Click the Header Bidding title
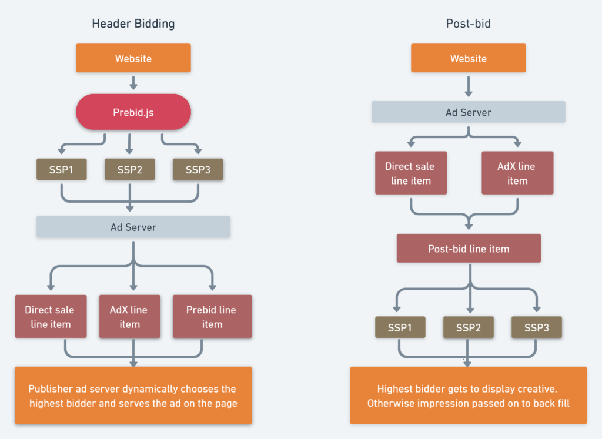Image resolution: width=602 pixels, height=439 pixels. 133,24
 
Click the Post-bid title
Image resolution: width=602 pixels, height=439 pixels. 468,24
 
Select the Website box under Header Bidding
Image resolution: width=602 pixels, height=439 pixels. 133,58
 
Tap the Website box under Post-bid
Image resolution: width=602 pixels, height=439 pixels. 468,58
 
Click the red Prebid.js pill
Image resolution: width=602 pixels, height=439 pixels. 133,112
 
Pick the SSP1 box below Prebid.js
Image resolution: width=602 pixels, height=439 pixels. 62,169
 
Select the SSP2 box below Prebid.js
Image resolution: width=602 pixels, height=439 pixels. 129,169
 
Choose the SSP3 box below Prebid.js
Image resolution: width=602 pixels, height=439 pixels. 198,169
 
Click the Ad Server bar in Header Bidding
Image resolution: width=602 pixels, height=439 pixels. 133,227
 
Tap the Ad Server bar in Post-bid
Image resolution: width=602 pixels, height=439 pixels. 468,112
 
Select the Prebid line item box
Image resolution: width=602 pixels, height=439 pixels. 212,317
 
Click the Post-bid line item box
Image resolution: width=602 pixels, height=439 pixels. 469,249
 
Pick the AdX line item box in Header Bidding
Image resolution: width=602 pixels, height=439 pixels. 129,317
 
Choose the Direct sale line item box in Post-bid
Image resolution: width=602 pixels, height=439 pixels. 411,173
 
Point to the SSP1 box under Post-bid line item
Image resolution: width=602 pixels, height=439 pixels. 400,327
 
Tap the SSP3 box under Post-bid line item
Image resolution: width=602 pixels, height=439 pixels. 536,327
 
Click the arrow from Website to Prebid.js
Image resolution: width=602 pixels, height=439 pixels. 133,82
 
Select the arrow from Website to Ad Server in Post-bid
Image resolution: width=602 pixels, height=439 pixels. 469,86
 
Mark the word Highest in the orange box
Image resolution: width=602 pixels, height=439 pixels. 396,389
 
